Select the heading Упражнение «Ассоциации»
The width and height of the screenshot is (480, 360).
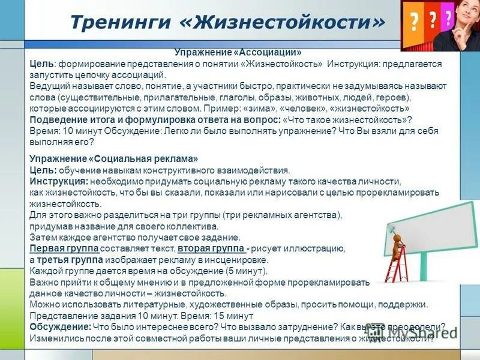(x=238, y=53)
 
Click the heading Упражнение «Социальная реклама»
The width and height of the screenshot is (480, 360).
(x=113, y=159)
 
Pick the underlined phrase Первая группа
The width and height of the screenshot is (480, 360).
(x=64, y=248)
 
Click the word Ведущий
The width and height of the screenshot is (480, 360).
(x=49, y=86)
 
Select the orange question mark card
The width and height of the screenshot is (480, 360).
(x=413, y=24)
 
